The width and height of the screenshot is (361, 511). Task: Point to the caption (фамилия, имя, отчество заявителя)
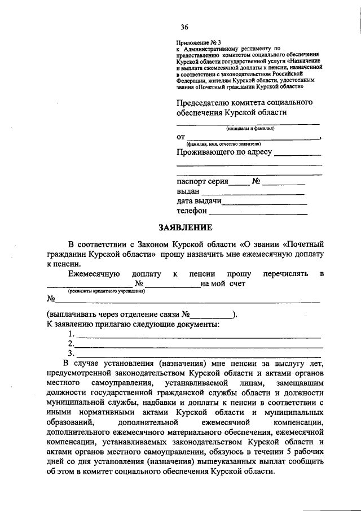point(231,144)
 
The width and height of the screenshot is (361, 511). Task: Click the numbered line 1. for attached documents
point(197,336)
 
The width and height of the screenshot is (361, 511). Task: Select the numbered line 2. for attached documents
point(197,346)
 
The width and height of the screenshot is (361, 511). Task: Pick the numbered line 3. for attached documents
point(197,355)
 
